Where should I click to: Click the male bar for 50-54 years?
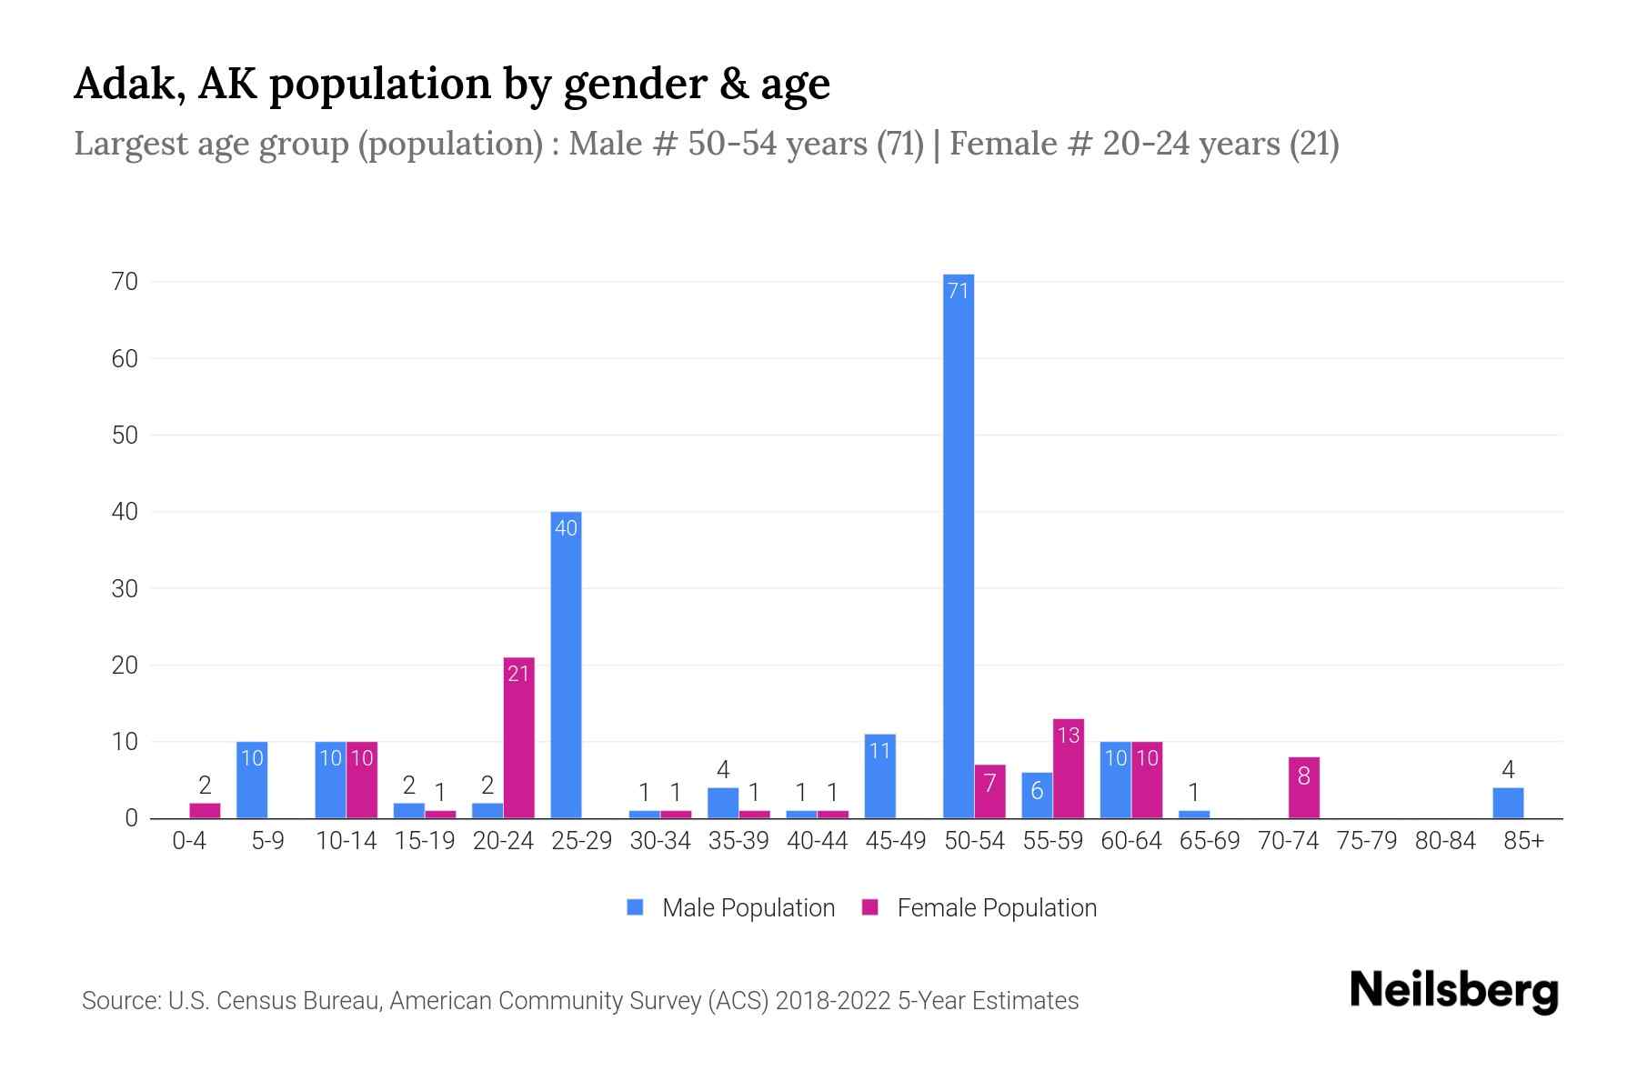pyautogui.click(x=958, y=545)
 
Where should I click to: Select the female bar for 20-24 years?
pyautogui.click(x=518, y=737)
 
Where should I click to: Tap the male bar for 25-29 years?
pyautogui.click(x=566, y=665)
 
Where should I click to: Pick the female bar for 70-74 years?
pyautogui.click(x=1303, y=787)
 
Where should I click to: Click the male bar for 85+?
pyautogui.click(x=1507, y=803)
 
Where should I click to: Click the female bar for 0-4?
pyautogui.click(x=205, y=810)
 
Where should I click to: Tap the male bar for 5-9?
pyautogui.click(x=252, y=779)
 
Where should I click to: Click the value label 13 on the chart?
pyautogui.click(x=1069, y=735)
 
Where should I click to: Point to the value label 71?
pyautogui.click(x=958, y=291)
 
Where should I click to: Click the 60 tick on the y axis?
pyautogui.click(x=125, y=358)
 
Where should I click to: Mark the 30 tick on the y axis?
pyautogui.click(x=125, y=588)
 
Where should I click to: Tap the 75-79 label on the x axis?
pyautogui.click(x=1366, y=841)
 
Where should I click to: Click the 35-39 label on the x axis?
pyautogui.click(x=738, y=841)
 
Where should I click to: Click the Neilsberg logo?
pyautogui.click(x=1453, y=991)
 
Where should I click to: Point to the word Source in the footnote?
pyautogui.click(x=120, y=1001)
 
